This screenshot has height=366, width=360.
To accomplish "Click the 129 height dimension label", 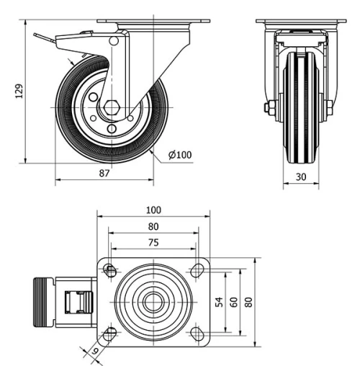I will (x=19, y=91).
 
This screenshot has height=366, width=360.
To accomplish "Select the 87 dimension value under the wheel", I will (x=104, y=173).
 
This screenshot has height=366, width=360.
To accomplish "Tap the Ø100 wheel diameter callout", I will (x=180, y=154).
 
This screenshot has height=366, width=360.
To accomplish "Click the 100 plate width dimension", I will (x=153, y=210).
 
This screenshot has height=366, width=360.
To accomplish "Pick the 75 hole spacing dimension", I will (x=153, y=243).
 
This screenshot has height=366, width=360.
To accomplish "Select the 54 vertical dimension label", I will (x=220, y=302).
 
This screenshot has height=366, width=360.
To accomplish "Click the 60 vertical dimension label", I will (x=233, y=302).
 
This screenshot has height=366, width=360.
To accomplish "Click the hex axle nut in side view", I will (x=109, y=110).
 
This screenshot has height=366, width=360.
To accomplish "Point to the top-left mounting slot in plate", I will (x=109, y=270).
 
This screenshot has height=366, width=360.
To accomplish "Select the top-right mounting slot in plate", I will (x=197, y=270).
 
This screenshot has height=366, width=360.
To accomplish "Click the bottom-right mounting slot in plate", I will (x=197, y=334).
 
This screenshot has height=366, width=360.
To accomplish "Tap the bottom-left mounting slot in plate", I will (x=109, y=334).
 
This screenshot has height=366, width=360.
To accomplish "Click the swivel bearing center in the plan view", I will (x=153, y=302).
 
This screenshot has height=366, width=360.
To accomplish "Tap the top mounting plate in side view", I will (x=153, y=22).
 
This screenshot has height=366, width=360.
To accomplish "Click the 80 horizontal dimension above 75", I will (x=153, y=226).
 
